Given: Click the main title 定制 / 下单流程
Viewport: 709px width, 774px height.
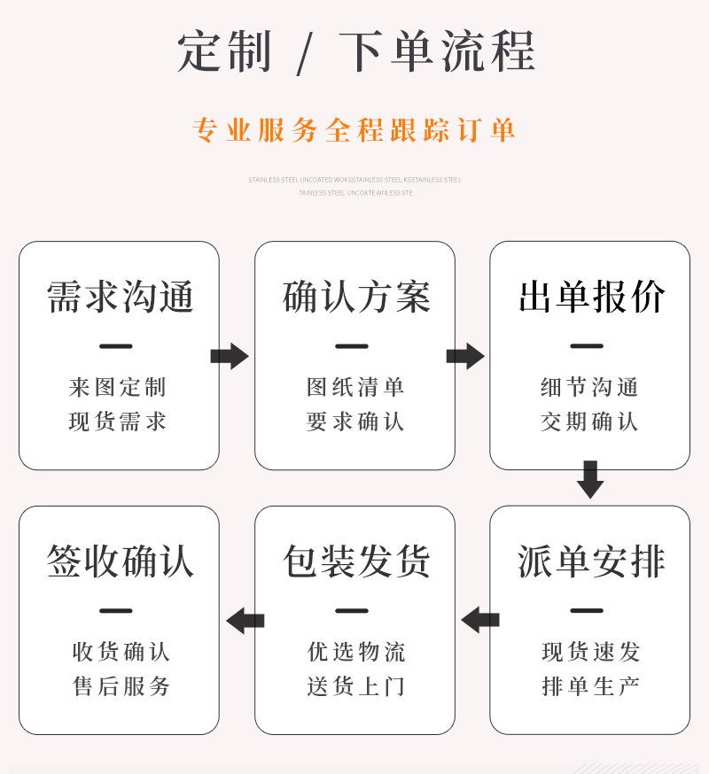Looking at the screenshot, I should pyautogui.click(x=355, y=50).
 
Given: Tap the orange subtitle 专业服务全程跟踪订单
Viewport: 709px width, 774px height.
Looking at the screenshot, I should pyautogui.click(x=354, y=131).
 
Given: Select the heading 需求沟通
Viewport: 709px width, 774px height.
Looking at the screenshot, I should pyautogui.click(x=120, y=297).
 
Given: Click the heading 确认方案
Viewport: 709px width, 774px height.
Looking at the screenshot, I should pyautogui.click(x=355, y=297).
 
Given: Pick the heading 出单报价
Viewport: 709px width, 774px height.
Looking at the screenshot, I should pyautogui.click(x=591, y=297).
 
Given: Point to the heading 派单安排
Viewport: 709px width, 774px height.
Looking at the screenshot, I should pyautogui.click(x=591, y=561).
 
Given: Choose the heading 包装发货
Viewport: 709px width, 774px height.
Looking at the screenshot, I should pyautogui.click(x=355, y=561).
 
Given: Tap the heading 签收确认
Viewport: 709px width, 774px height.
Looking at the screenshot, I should pyautogui.click(x=120, y=561).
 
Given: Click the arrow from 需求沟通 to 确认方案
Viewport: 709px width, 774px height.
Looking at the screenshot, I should pyautogui.click(x=230, y=356).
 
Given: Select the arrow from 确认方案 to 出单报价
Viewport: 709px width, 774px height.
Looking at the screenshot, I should pyautogui.click(x=465, y=356).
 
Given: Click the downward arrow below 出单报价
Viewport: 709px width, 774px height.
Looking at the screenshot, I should pyautogui.click(x=590, y=479).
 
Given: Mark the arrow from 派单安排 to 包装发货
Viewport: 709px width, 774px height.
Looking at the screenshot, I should pyautogui.click(x=479, y=620).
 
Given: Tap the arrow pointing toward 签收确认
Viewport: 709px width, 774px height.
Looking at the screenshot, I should pyautogui.click(x=245, y=620).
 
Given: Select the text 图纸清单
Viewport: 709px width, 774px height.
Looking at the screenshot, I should pyautogui.click(x=355, y=387).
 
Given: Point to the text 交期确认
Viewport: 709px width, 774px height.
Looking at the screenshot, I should pyautogui.click(x=589, y=422).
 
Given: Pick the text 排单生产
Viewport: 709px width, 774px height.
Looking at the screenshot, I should pyautogui.click(x=590, y=686).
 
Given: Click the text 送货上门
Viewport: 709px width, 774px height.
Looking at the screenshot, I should pyautogui.click(x=355, y=686).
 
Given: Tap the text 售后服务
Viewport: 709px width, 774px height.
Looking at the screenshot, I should pyautogui.click(x=121, y=686).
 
